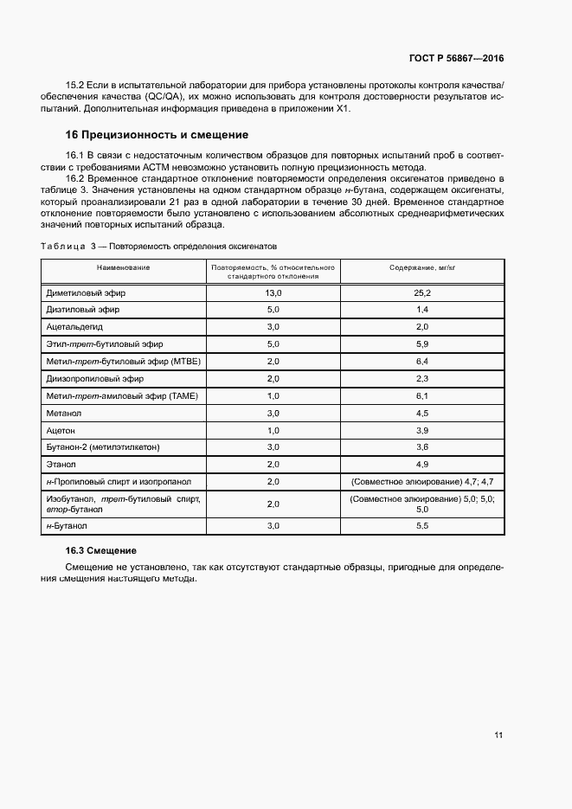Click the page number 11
pos(498,735)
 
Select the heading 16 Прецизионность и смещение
pos(157,135)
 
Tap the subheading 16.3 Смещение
pos(101,551)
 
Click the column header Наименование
pos(123,267)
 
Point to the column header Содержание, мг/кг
pos(422,267)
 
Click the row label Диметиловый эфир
pos(83,293)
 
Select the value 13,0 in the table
pos(273,293)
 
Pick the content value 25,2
pos(422,293)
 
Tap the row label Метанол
pos(66,413)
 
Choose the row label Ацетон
pos(61,430)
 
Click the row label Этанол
pos(62,465)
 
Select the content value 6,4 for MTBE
pos(422,361)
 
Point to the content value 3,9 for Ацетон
pos(422,430)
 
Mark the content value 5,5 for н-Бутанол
pos(422,525)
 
